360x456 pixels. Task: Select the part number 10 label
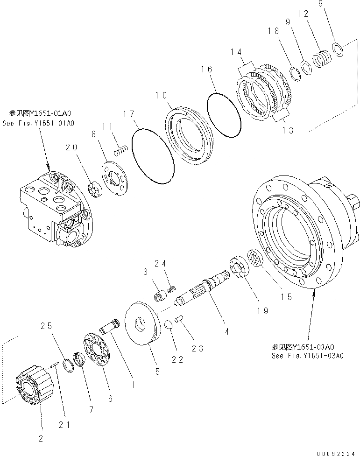161,96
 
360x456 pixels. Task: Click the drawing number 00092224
336,452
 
